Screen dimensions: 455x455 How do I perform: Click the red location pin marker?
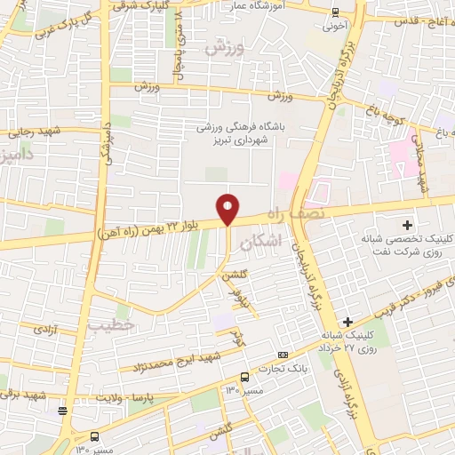[x=228, y=208]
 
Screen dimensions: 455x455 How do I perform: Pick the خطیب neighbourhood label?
[x=111, y=325]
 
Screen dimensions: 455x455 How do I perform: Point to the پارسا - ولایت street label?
[x=156, y=396]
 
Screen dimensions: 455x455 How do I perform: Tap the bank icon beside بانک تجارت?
[x=283, y=355]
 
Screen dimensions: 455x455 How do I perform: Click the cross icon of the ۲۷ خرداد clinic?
[x=347, y=321]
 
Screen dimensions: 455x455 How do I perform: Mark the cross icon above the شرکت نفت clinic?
[x=408, y=224]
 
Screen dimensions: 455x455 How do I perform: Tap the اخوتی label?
[x=335, y=27]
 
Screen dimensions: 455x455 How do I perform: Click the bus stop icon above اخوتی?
[x=334, y=12]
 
